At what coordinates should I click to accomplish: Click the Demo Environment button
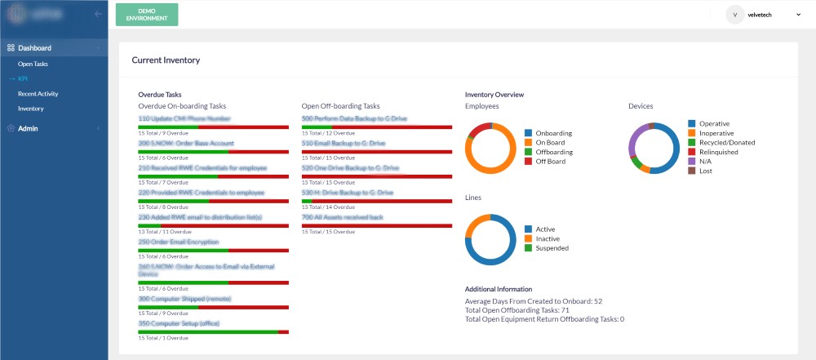pos(147,14)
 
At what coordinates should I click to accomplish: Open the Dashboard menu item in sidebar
pos(35,48)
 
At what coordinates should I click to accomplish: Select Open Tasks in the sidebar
pos(33,64)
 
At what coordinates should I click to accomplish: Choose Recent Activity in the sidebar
pos(38,94)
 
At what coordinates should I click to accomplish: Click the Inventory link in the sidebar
pos(31,109)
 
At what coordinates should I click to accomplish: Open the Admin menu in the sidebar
pos(28,128)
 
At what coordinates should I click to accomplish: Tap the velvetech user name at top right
pos(765,14)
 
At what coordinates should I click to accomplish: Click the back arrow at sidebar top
pos(98,14)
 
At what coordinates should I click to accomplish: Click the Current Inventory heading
pos(166,60)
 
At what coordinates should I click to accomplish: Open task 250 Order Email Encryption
pos(179,242)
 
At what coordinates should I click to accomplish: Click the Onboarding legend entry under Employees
pos(554,133)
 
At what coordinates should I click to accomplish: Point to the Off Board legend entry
pos(551,162)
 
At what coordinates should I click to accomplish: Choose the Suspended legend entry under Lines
pos(552,247)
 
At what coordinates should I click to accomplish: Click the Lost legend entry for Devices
pos(707,171)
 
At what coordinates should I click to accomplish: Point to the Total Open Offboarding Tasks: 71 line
pos(517,310)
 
